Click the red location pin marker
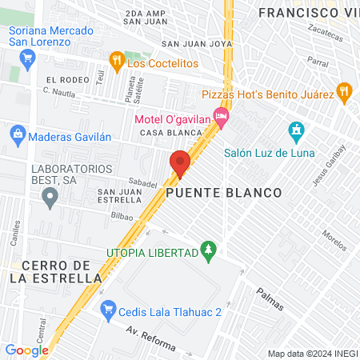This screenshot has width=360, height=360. click(x=180, y=163)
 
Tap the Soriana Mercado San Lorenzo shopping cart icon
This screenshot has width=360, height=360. click(x=29, y=57)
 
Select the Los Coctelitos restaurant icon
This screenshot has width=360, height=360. click(x=117, y=60)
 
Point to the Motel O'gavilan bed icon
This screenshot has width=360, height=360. click(x=222, y=119)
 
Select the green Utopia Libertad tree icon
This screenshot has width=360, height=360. click(x=208, y=250)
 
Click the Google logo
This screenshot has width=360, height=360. click(x=26, y=350)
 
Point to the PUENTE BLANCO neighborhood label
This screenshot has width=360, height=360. click(x=224, y=194)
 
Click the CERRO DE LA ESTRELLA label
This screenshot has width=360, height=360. click(x=51, y=271)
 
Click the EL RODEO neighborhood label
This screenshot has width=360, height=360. click(x=63, y=80)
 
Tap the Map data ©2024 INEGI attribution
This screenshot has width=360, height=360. click(x=311, y=354)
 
